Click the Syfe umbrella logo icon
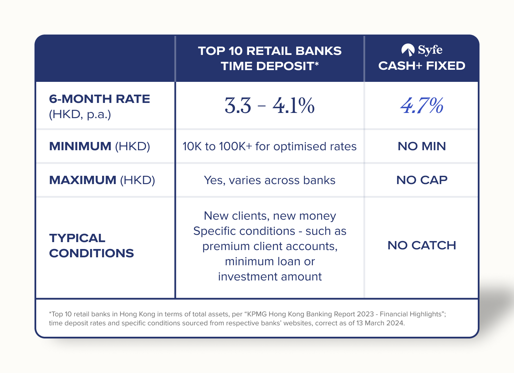click(408, 50)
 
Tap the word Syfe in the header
click(430, 50)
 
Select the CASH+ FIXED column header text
click(422, 66)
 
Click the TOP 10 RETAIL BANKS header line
click(270, 51)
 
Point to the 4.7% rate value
click(422, 105)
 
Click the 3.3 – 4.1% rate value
click(270, 105)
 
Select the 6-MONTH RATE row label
click(99, 99)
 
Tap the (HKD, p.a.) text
click(80, 114)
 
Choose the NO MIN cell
click(422, 146)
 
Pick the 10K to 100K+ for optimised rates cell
click(270, 146)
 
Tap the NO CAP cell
click(422, 180)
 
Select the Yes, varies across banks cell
click(270, 180)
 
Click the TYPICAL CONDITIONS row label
click(91, 246)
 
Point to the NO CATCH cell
click(422, 245)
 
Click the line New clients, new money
click(270, 216)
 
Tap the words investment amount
click(270, 277)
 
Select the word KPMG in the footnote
click(256, 314)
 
